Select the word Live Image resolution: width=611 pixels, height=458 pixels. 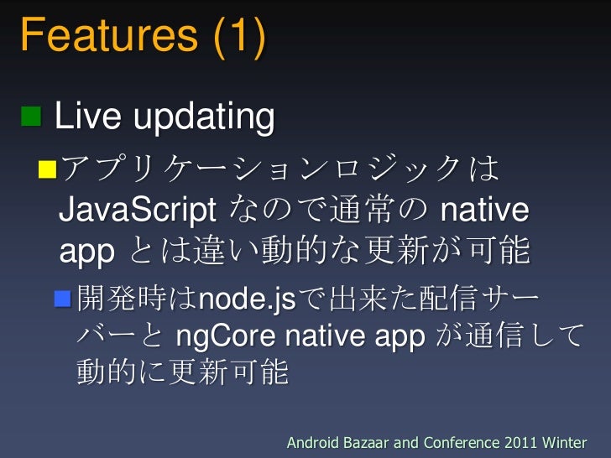86,117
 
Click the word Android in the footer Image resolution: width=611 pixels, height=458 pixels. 316,442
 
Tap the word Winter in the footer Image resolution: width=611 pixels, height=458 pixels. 567,442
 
